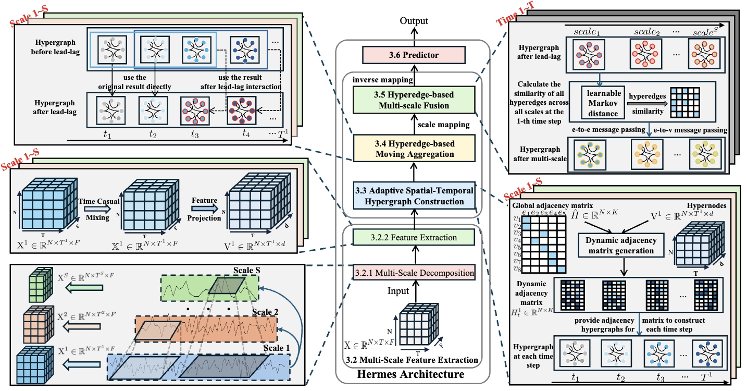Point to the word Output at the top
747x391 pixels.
coord(414,21)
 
